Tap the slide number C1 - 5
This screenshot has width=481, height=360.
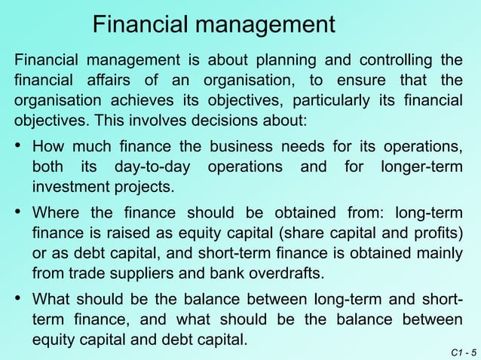point(461,352)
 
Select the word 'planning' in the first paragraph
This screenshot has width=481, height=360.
point(286,60)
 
